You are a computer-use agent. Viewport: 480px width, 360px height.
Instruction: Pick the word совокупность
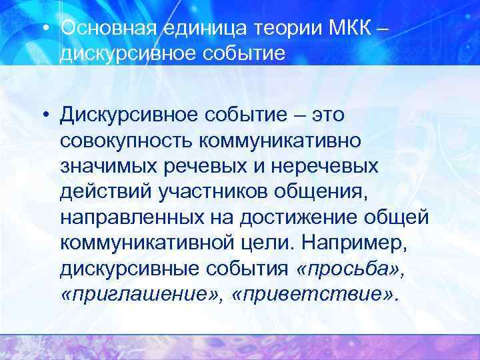point(133,141)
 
